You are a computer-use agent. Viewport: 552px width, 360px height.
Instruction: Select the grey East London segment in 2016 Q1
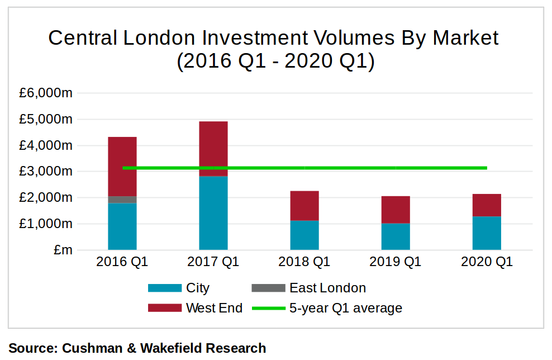click(122, 200)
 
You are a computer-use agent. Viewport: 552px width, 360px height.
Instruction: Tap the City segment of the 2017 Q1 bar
click(213, 213)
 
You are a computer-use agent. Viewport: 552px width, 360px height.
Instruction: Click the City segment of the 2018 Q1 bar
click(304, 235)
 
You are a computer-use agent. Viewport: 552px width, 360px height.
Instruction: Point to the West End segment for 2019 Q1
click(396, 210)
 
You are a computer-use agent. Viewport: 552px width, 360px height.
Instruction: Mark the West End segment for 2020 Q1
click(487, 205)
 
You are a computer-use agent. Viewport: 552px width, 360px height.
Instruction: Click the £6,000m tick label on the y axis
click(46, 93)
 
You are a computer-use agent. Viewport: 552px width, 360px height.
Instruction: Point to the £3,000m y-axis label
click(46, 172)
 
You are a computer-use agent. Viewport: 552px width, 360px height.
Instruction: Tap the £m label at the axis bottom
click(63, 250)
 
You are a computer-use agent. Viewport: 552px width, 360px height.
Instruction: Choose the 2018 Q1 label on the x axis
click(304, 262)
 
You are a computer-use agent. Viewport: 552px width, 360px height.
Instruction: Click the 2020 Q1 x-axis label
click(487, 262)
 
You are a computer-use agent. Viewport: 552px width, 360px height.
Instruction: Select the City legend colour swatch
click(165, 288)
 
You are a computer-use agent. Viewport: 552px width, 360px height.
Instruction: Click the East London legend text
click(327, 288)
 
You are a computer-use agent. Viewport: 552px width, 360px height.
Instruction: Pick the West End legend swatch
click(165, 308)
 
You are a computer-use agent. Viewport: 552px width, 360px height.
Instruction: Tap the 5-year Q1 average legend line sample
click(269, 308)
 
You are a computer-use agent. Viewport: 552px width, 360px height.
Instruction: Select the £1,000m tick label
click(46, 224)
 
